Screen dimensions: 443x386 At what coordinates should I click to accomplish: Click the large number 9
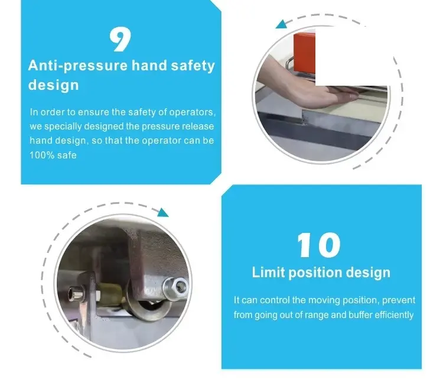[x=120, y=39]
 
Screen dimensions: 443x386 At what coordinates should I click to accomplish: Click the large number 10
[x=319, y=245]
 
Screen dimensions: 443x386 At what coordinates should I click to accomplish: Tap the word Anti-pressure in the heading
[x=78, y=66]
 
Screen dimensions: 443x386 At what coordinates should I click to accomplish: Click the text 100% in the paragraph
[x=42, y=155]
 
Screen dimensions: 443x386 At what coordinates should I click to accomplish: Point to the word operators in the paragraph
[x=192, y=112]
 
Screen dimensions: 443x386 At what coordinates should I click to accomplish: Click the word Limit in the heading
[x=268, y=273]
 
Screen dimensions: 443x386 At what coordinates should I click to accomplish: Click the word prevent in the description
[x=399, y=300]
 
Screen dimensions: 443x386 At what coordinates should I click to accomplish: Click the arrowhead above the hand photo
[x=281, y=24]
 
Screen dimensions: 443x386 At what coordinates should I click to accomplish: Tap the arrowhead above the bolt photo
[x=163, y=212]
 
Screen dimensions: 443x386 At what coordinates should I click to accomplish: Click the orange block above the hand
[x=305, y=53]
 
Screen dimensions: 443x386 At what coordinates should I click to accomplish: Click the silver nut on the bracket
[x=175, y=287]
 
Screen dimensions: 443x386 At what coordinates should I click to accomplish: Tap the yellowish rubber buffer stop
[x=111, y=294]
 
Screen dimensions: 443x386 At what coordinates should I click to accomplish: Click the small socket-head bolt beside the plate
[x=76, y=293]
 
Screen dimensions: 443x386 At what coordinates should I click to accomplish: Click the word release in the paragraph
[x=198, y=126]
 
